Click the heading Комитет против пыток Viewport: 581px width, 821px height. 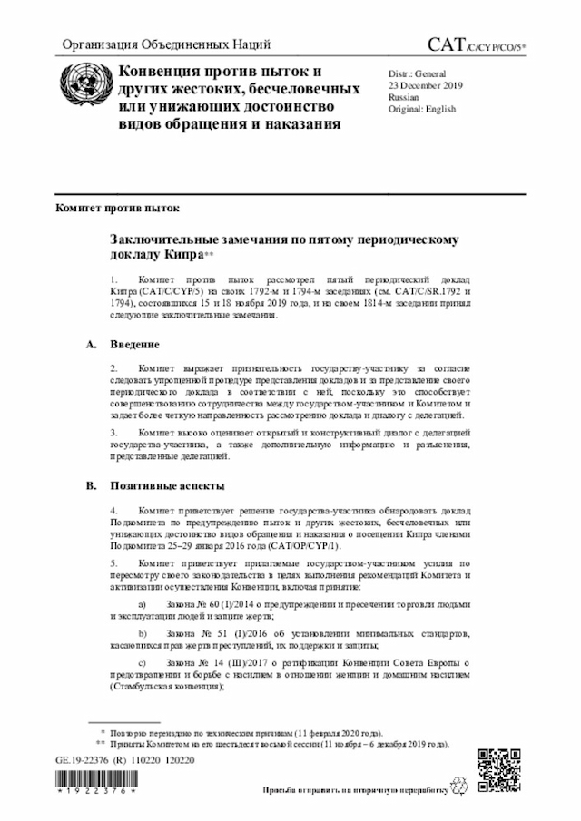coord(111,208)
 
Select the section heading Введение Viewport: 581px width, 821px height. coord(135,345)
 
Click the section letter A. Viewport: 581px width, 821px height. coord(90,345)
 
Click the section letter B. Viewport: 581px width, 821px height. coord(90,486)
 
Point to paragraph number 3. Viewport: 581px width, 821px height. coord(113,433)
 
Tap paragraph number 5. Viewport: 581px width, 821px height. coord(113,563)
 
